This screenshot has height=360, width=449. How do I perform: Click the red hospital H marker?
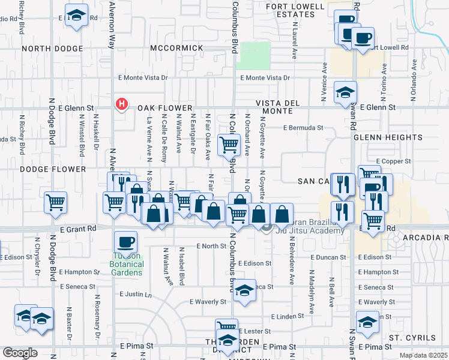coord(122,104)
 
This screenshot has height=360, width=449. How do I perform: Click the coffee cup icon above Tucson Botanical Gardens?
coord(126,242)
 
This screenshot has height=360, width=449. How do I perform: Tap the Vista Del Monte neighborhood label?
coord(277,107)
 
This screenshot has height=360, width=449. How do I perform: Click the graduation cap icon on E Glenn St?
coord(345,92)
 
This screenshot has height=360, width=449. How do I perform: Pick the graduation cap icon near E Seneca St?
coord(244,290)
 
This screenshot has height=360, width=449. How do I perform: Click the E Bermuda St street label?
coord(304,128)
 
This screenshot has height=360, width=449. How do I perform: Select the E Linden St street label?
coord(289,316)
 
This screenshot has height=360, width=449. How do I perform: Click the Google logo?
coord(19,353)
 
